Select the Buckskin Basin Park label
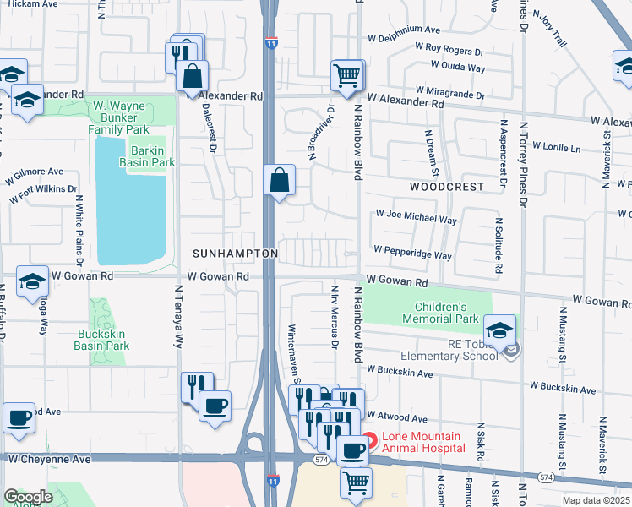pos(100,339)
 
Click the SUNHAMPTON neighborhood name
pos(235,253)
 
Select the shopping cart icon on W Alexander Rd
pos(346,76)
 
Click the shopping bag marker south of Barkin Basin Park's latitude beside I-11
pos(279,181)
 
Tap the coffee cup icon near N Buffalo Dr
pos(19,417)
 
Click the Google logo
pos(28,497)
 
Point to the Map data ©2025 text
pos(596,500)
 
